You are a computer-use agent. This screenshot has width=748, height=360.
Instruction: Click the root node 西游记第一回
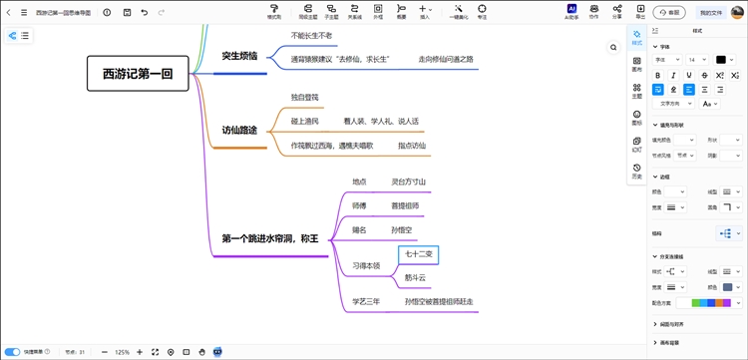(138, 73)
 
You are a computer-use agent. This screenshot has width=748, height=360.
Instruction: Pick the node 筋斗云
(415, 277)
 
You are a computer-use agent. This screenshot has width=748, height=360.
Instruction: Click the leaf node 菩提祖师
(405, 205)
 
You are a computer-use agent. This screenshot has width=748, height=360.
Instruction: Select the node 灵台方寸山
(409, 181)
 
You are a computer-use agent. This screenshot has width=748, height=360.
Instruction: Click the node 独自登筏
(304, 97)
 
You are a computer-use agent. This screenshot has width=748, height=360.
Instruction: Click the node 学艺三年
(365, 300)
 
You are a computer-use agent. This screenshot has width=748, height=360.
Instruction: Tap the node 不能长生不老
(311, 35)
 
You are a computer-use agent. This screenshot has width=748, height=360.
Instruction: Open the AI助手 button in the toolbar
(571, 11)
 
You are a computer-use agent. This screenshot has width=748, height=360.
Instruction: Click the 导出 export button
(640, 11)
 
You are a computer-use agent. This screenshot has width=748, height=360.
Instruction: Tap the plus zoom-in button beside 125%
(140, 352)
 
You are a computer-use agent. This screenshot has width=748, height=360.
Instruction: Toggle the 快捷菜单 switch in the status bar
(13, 352)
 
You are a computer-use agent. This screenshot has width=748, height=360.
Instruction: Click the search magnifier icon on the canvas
(614, 47)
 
